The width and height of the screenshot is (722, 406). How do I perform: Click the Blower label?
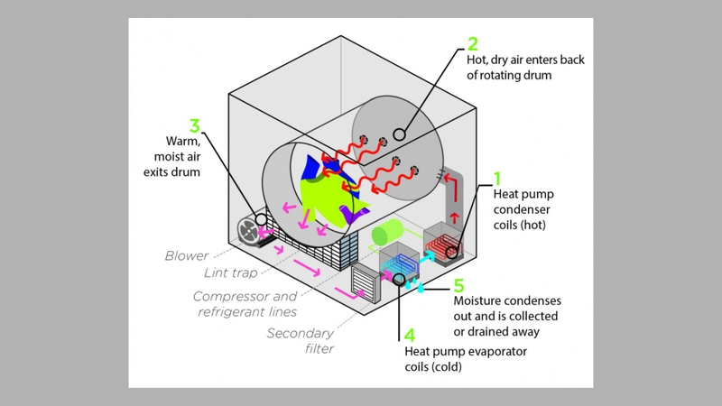click(186, 255)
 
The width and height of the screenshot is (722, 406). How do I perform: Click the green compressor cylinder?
click(386, 235)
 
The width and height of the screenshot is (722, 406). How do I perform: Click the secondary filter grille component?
click(365, 285)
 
